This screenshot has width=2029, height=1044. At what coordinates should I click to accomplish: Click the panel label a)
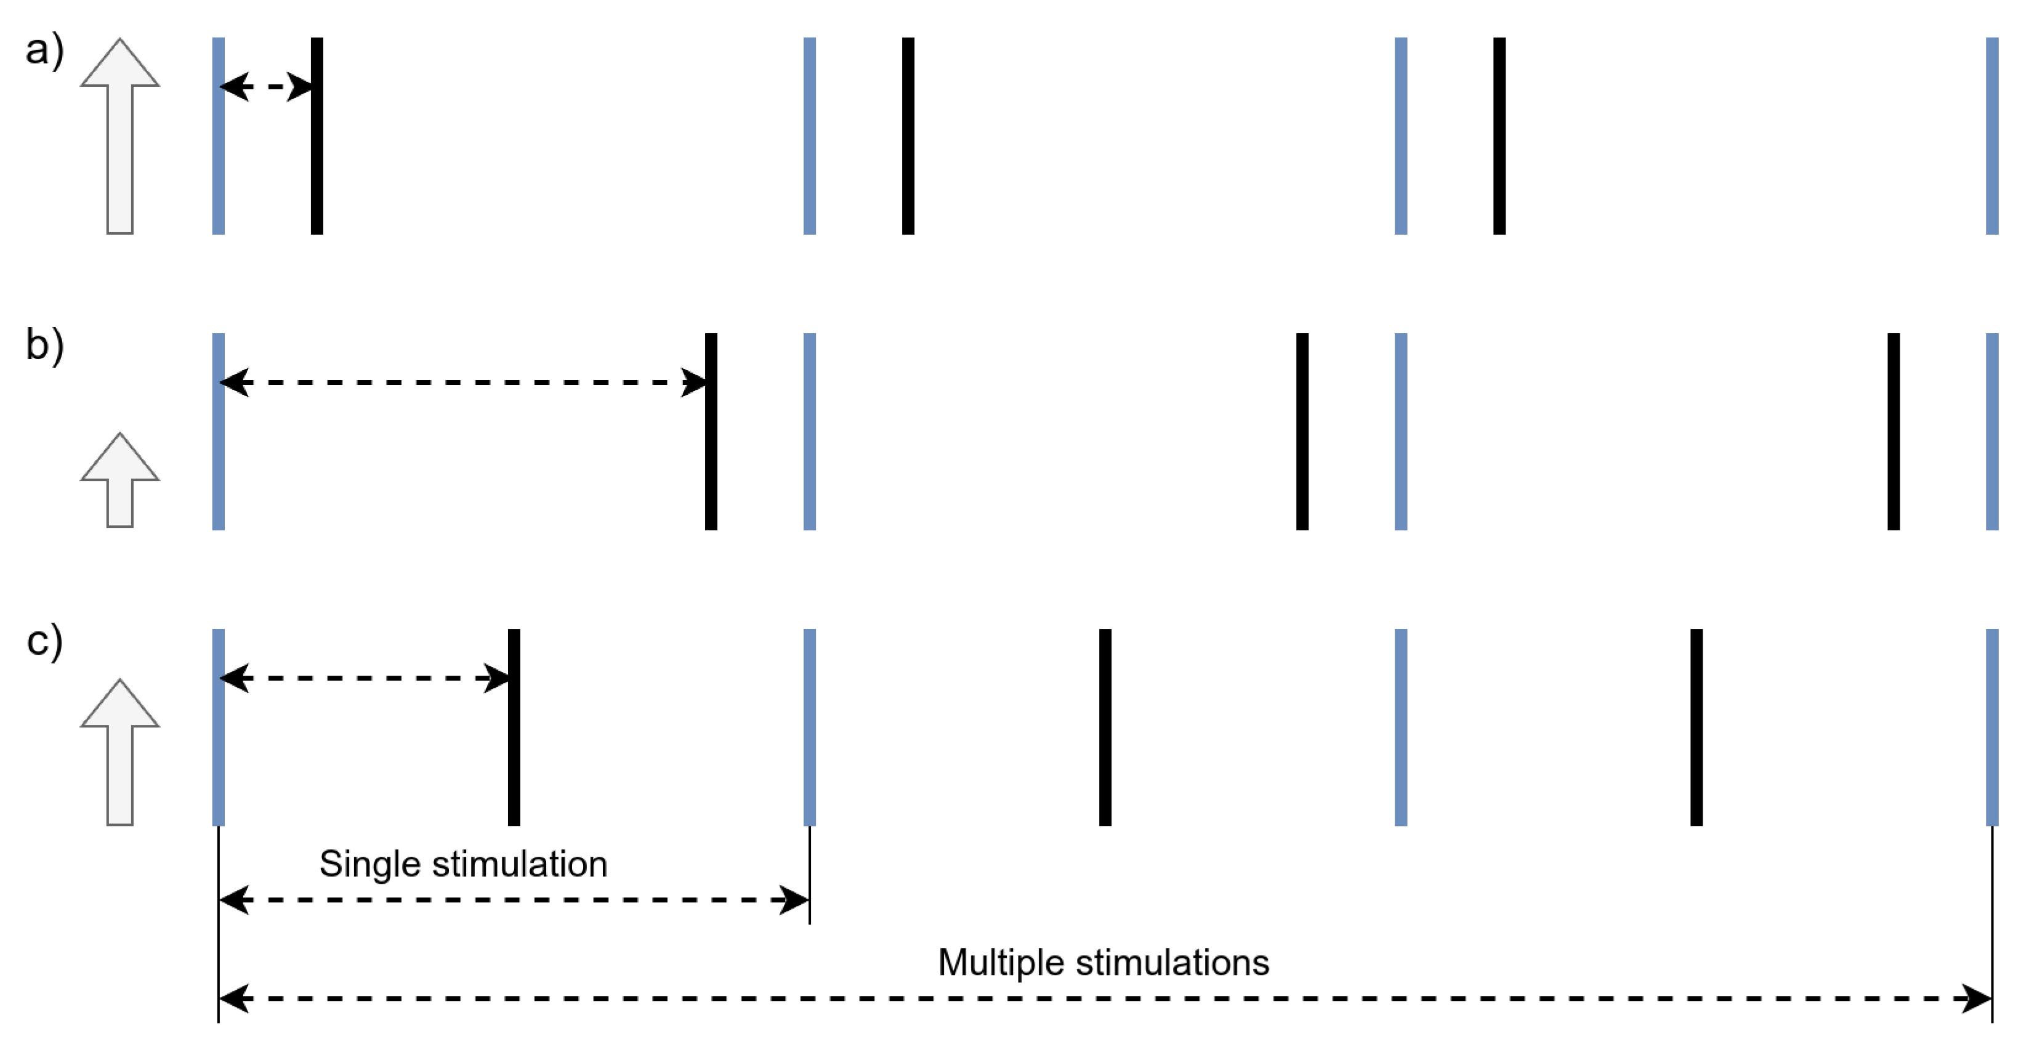click(x=44, y=51)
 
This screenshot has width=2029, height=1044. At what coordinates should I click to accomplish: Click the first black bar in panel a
click(x=317, y=136)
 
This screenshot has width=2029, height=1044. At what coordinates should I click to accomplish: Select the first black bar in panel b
click(x=711, y=431)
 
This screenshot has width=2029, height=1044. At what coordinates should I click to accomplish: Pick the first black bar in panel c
click(x=514, y=726)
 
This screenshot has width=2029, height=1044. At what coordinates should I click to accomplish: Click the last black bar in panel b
click(x=1894, y=431)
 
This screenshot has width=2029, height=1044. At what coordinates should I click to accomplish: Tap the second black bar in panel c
click(x=1105, y=726)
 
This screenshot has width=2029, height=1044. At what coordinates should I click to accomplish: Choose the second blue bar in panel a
click(x=810, y=136)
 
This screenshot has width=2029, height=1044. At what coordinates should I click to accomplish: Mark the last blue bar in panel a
click(x=1992, y=136)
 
